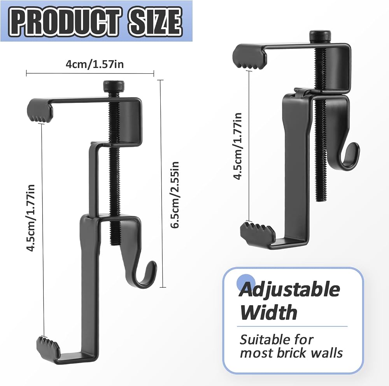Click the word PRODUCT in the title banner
(64, 22)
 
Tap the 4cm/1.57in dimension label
(95, 64)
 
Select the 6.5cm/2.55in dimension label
(175, 195)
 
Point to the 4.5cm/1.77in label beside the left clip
(31, 218)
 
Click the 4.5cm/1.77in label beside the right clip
(238, 146)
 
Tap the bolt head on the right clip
(320, 36)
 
